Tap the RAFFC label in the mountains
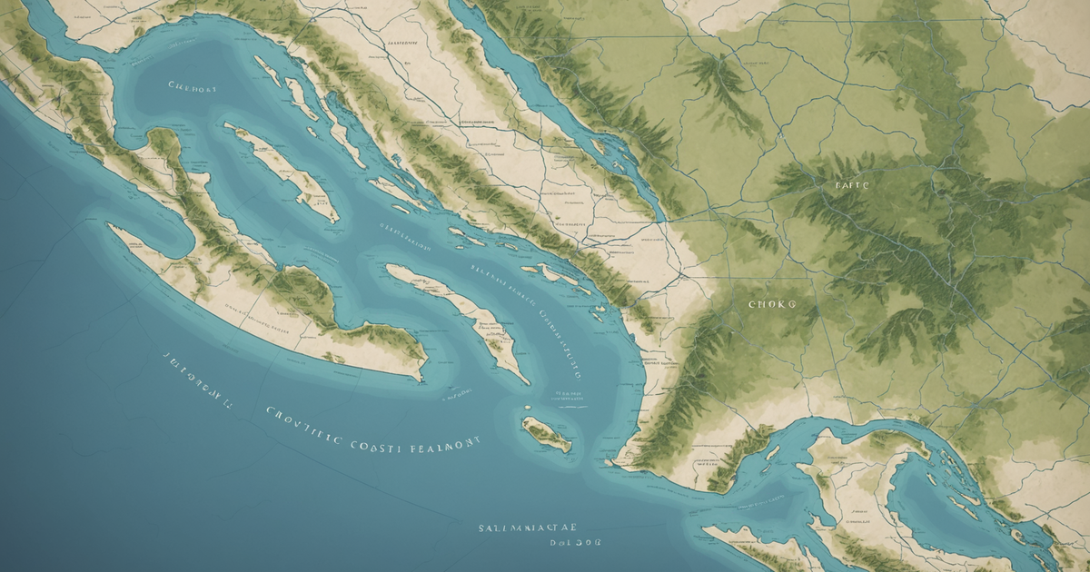click(851, 184)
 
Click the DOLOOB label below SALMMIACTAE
click(576, 542)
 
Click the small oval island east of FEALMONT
click(547, 434)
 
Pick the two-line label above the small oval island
click(565, 398)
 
